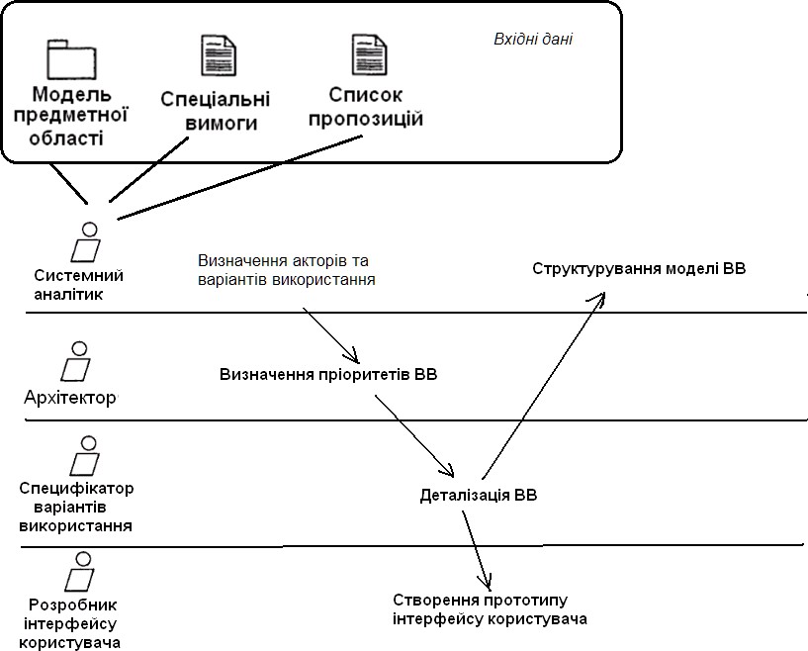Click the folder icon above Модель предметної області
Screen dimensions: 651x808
[x=67, y=59]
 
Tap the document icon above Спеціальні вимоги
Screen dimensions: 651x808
[x=219, y=55]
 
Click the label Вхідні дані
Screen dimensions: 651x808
[x=533, y=40]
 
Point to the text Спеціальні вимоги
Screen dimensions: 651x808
[x=215, y=112]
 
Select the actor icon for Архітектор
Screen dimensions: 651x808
[x=76, y=363]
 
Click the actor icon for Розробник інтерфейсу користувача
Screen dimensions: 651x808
[x=79, y=571]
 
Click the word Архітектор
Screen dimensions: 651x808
[x=70, y=398]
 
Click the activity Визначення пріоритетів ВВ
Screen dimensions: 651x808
[x=328, y=375]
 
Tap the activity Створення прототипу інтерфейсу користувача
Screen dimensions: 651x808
[x=490, y=609]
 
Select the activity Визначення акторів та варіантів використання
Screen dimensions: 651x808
[x=287, y=270]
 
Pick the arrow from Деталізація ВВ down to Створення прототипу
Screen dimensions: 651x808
[x=477, y=549]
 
